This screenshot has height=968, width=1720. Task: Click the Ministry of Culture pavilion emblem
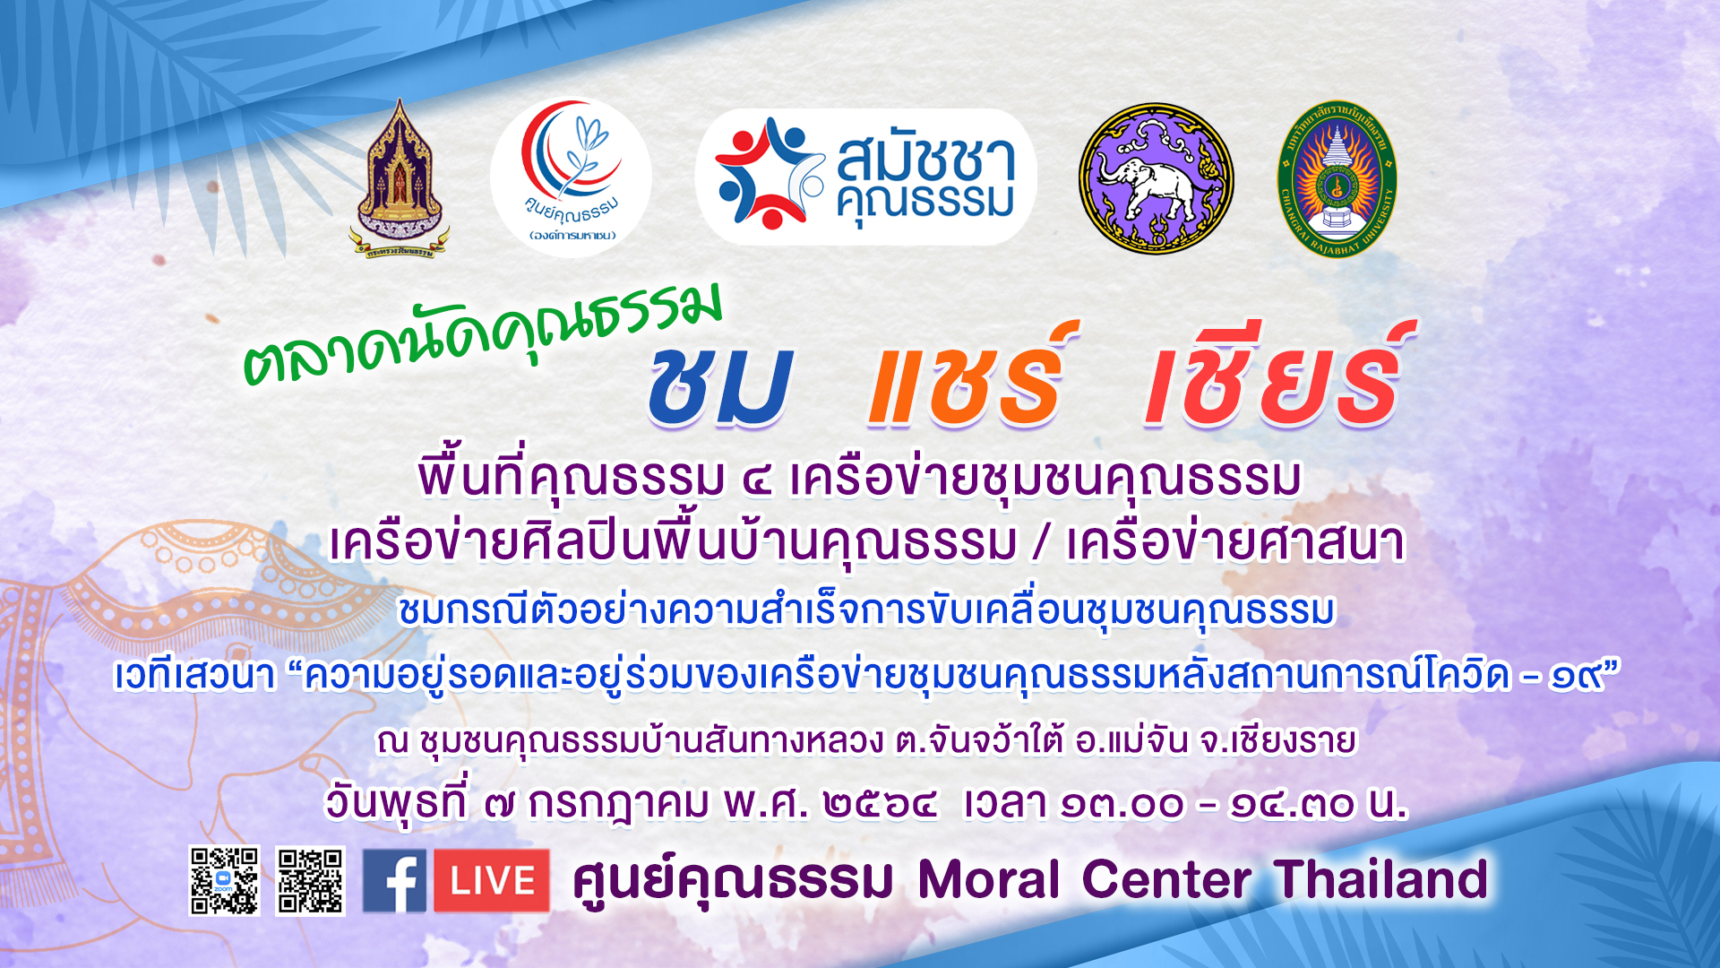pyautogui.click(x=399, y=179)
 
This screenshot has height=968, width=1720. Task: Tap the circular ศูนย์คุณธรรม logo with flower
pyautogui.click(x=572, y=177)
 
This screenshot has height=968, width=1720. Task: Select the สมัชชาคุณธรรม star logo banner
pyautogui.click(x=865, y=177)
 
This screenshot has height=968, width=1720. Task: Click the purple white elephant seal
pyautogui.click(x=1156, y=177)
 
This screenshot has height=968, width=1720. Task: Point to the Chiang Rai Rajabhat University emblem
pyautogui.click(x=1337, y=177)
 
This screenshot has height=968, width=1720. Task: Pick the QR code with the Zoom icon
pyautogui.click(x=224, y=880)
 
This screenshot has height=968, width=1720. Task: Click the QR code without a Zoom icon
pyautogui.click(x=310, y=880)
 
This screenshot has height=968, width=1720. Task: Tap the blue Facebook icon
pyautogui.click(x=394, y=881)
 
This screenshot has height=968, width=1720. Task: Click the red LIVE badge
pyautogui.click(x=492, y=881)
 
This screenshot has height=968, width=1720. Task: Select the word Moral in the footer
pyautogui.click(x=989, y=879)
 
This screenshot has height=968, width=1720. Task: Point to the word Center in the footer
pyautogui.click(x=1166, y=879)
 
